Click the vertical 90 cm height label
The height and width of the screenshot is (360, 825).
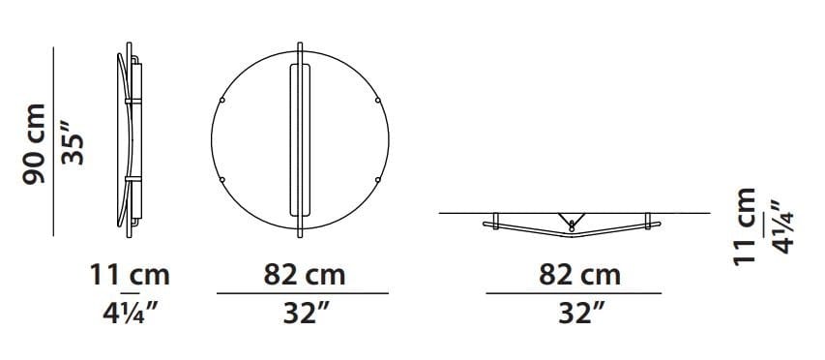[34, 143]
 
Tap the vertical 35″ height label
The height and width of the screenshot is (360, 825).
[73, 143]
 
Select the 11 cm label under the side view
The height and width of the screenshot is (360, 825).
[130, 275]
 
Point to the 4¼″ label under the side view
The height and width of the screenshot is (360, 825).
[130, 314]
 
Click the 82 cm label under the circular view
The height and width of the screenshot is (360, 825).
[304, 275]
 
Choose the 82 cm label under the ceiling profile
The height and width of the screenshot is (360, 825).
[579, 275]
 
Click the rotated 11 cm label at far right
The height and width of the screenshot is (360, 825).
[745, 226]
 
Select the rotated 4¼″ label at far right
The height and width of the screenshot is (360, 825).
[781, 226]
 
